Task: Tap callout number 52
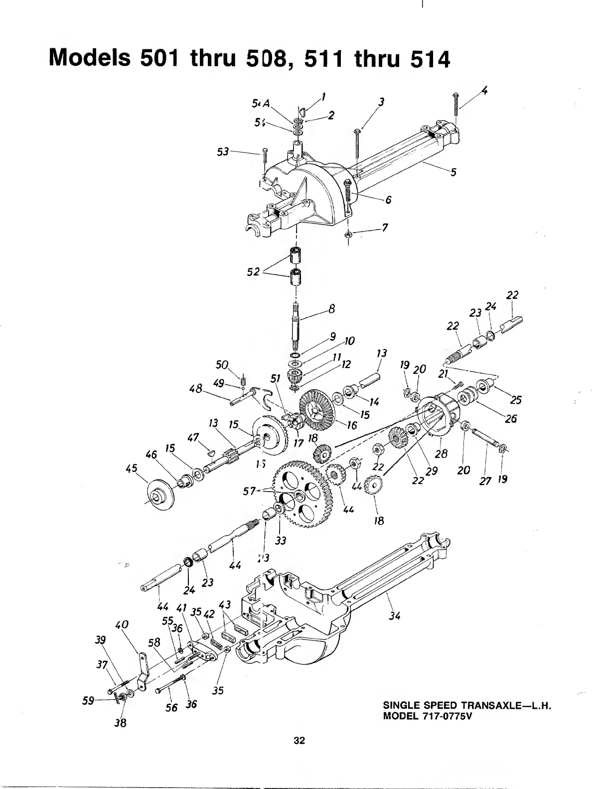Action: (x=254, y=271)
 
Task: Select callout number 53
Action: (x=222, y=151)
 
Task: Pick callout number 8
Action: (x=332, y=309)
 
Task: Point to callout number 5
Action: (x=453, y=173)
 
